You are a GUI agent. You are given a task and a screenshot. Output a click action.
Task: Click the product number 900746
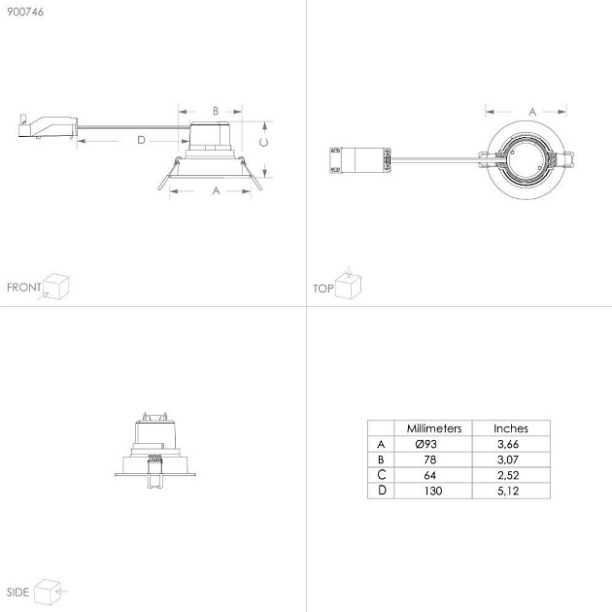tap(25, 12)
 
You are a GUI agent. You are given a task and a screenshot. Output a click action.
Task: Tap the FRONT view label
tap(24, 288)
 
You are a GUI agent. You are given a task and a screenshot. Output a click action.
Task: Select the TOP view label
tap(323, 289)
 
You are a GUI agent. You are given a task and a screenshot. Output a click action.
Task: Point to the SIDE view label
tap(17, 593)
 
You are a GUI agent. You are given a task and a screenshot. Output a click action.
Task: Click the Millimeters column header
tap(434, 428)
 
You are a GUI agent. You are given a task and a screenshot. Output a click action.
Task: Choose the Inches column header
tap(511, 428)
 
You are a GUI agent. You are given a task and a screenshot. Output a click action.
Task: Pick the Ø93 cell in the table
tap(426, 444)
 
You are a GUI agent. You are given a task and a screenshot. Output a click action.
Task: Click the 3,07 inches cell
tap(508, 459)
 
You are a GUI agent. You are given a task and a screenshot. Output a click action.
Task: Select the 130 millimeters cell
tap(433, 491)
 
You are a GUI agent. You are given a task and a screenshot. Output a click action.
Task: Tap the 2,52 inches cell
tap(508, 475)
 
